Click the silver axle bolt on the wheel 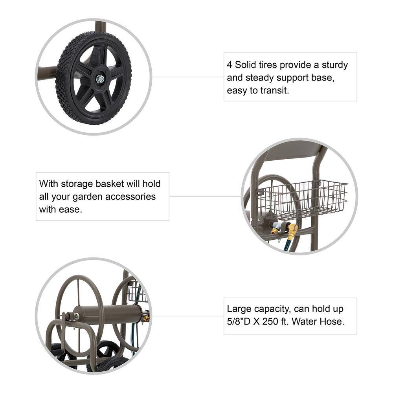[100, 79]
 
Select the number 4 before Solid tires [230, 65]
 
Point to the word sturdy [335, 65]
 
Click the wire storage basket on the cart [302, 199]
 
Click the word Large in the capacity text [239, 309]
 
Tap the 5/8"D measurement [239, 321]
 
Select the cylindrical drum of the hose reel [109, 314]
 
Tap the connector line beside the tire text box [188, 77]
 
